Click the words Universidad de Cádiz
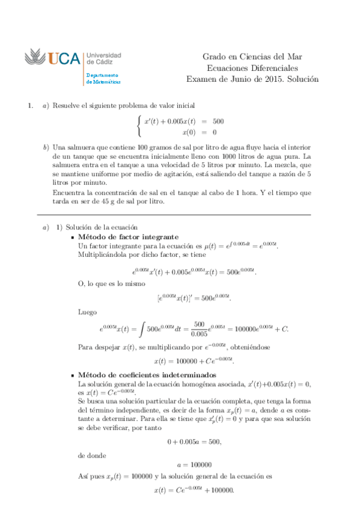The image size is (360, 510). click(x=104, y=58)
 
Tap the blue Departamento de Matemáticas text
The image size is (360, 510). click(x=103, y=78)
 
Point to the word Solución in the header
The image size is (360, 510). click(x=301, y=79)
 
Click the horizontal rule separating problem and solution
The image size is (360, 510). click(x=174, y=215)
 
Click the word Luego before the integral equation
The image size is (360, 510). click(x=87, y=312)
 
